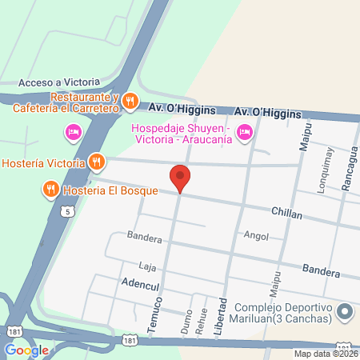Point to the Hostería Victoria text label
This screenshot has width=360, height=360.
point(43,163)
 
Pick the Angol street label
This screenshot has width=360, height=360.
point(257,236)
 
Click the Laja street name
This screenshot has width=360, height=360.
point(146,266)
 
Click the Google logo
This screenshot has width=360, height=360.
point(26,350)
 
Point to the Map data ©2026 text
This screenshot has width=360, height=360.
point(324,354)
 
